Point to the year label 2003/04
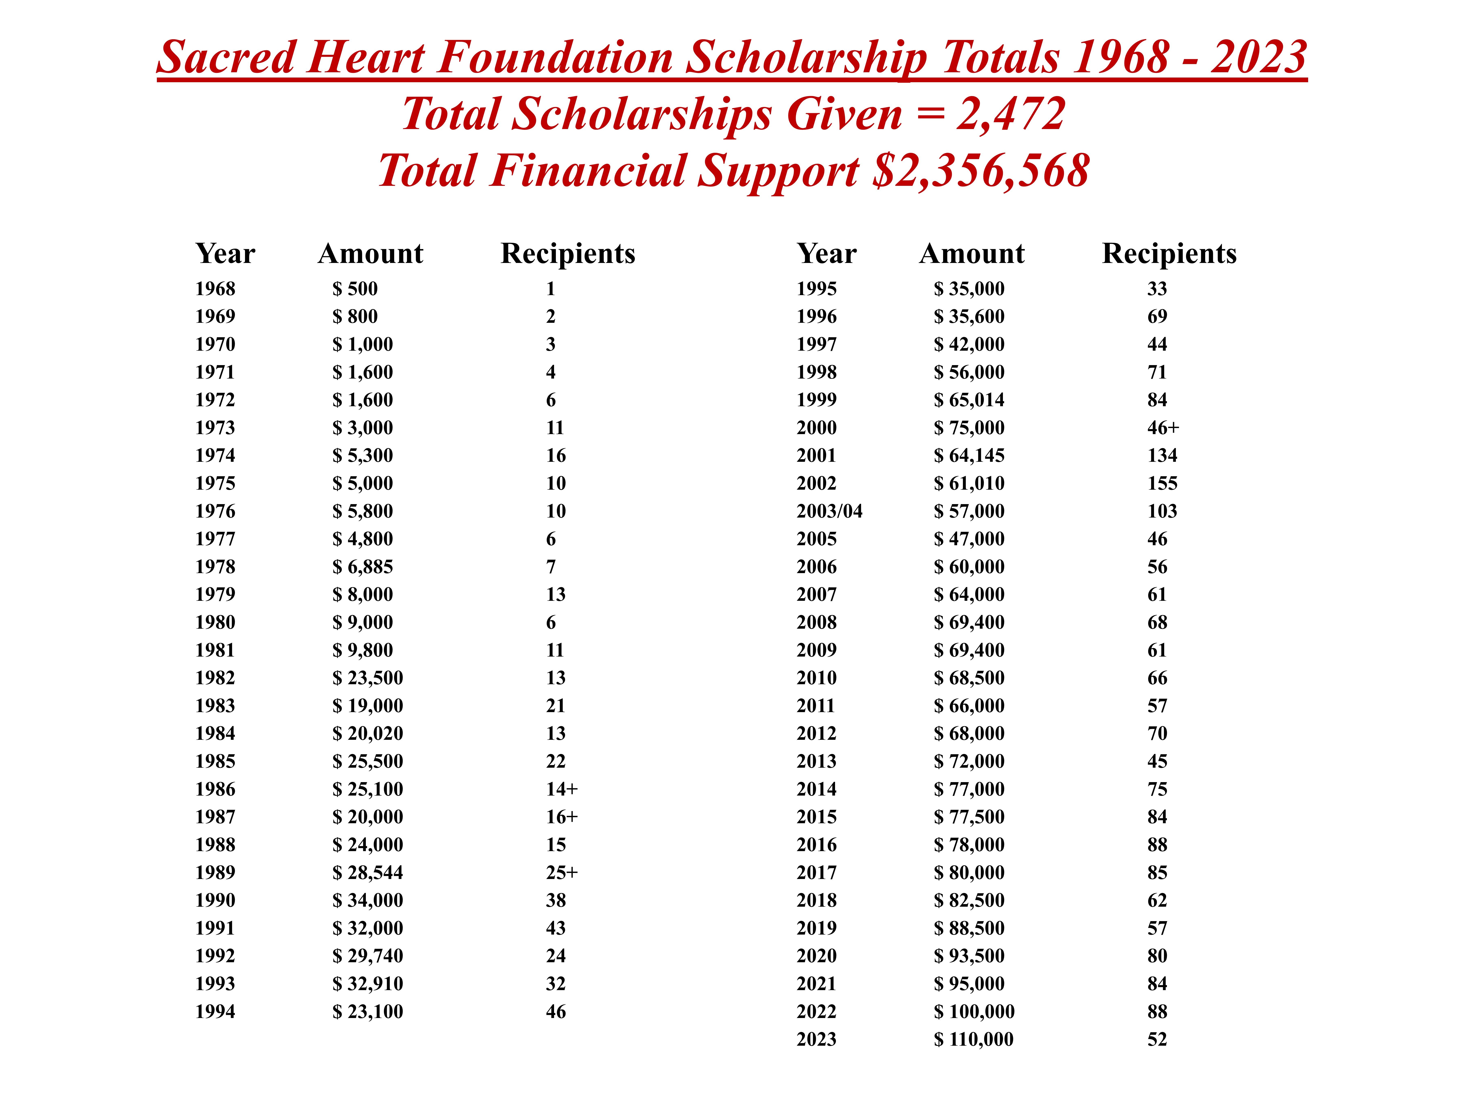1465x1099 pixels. [829, 511]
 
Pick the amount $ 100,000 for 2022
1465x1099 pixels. [974, 1011]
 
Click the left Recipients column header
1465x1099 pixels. [568, 254]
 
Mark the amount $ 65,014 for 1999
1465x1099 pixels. [969, 400]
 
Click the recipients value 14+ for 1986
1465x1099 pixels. [562, 789]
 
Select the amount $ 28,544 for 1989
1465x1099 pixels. [368, 872]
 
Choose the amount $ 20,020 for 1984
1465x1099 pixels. [368, 733]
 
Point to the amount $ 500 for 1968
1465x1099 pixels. [355, 289]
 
